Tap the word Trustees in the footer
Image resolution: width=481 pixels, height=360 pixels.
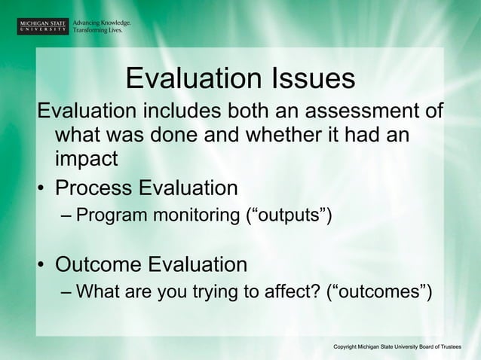pos(457,345)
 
